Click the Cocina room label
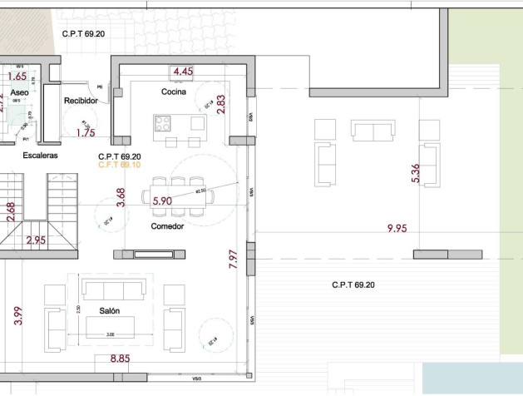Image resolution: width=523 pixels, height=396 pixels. click(174, 91)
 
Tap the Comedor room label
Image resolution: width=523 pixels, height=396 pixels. click(167, 226)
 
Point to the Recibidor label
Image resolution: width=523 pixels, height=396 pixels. click(81, 101)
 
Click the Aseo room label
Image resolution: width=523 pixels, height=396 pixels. click(19, 92)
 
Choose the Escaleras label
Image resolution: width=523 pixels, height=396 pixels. click(40, 155)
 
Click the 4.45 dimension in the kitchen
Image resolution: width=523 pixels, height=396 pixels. click(183, 72)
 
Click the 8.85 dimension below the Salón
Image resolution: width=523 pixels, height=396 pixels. click(120, 359)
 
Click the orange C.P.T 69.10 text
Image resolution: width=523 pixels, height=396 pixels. click(119, 165)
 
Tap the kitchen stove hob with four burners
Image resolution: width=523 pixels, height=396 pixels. click(162, 123)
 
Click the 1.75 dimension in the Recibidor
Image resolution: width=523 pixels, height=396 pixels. click(85, 131)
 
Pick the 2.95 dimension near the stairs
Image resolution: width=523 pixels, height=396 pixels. click(36, 240)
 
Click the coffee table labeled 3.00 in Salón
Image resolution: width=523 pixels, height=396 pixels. click(110, 329)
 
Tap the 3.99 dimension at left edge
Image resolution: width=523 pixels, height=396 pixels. click(18, 316)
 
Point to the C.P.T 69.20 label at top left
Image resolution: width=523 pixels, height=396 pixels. click(84, 34)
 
